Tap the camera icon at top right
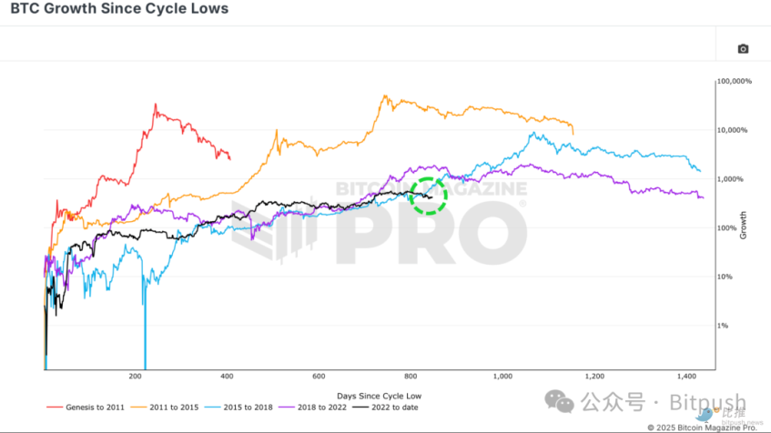pos(743,48)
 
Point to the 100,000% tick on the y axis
pos(735,82)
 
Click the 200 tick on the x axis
pos(136,376)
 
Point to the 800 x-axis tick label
pos(411,376)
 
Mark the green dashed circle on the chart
pos(429,195)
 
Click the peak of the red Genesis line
pos(156,105)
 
